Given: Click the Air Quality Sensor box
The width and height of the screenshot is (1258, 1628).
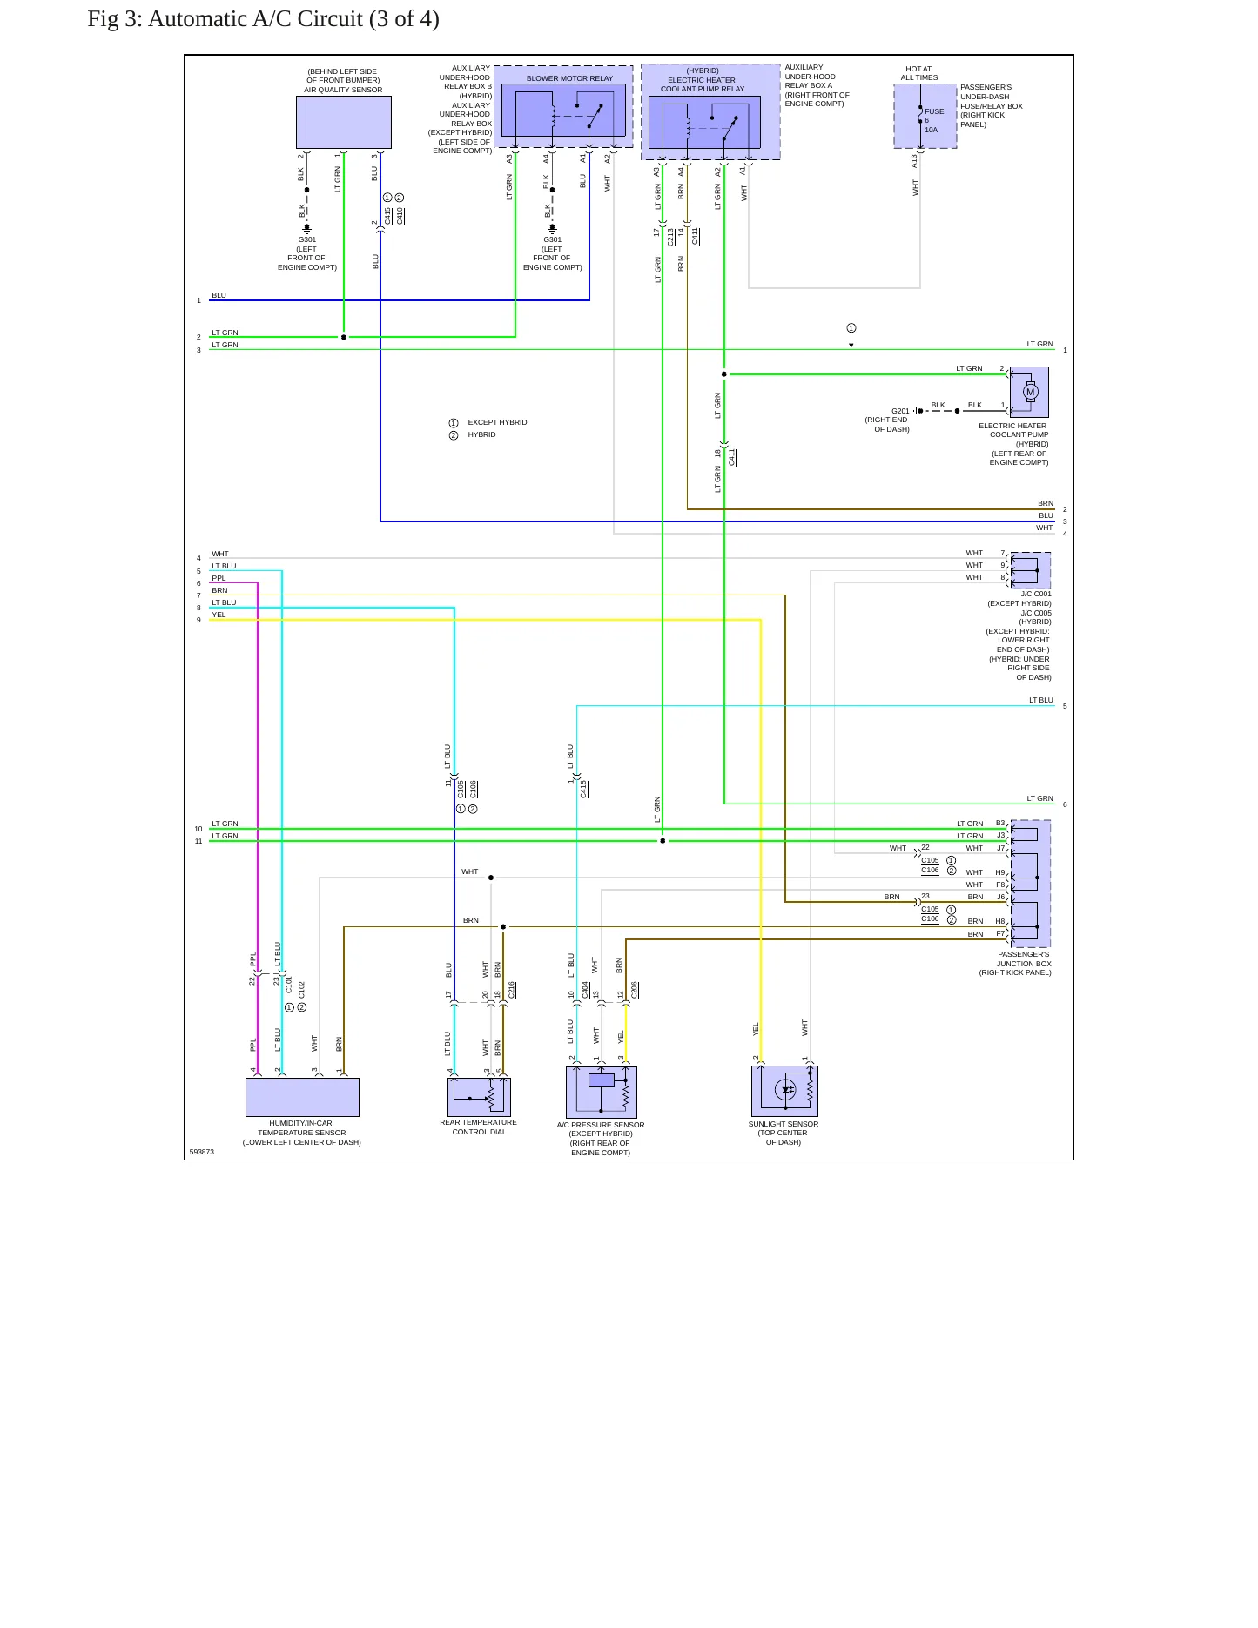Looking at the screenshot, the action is pyautogui.click(x=343, y=122).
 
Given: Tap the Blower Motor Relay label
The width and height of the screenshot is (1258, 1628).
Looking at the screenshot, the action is pyautogui.click(x=569, y=78).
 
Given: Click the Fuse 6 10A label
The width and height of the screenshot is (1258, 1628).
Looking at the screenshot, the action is pyautogui.click(x=933, y=120).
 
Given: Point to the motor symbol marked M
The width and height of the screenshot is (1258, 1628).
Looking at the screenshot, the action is pyautogui.click(x=1031, y=392).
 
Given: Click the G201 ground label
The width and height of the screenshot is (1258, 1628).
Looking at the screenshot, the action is pyautogui.click(x=900, y=411).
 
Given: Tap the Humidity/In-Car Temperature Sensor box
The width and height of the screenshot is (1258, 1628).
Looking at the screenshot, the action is pyautogui.click(x=302, y=1097).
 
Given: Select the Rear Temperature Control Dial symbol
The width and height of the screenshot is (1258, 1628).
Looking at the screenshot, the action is pyautogui.click(x=479, y=1097).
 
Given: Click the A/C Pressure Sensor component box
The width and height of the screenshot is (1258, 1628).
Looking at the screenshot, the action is pyautogui.click(x=601, y=1092).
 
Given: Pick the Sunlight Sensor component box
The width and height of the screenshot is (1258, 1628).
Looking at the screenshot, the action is pyautogui.click(x=784, y=1091).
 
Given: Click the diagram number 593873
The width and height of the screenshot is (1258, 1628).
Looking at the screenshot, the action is pyautogui.click(x=201, y=1152).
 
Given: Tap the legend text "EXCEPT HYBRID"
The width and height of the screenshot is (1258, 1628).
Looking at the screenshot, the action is pyautogui.click(x=497, y=422).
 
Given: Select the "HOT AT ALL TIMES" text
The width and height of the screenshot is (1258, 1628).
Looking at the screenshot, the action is pyautogui.click(x=918, y=73).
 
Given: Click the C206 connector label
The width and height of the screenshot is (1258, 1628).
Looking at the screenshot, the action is pyautogui.click(x=635, y=990).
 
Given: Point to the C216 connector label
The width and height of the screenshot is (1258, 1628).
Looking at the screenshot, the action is pyautogui.click(x=512, y=990).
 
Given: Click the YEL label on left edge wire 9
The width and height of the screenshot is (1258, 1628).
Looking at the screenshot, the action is pyautogui.click(x=219, y=615).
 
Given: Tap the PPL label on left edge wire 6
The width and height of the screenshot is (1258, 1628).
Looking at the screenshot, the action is pyautogui.click(x=219, y=578).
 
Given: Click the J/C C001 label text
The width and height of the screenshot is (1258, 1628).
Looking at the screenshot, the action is pyautogui.click(x=1036, y=595).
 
